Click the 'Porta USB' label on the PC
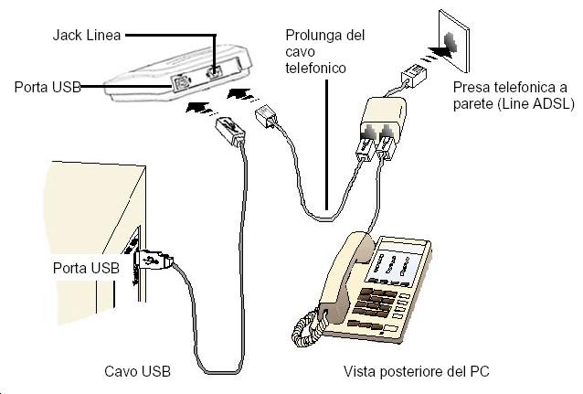[x=86, y=268]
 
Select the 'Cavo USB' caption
[x=137, y=373]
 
